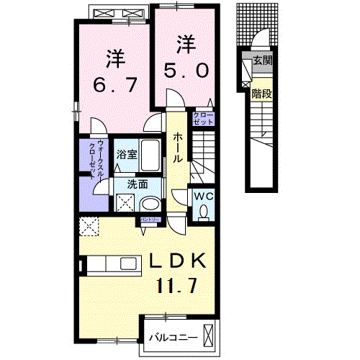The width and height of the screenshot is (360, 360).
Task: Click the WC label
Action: [x=202, y=194]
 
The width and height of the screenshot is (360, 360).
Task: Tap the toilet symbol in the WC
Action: [x=203, y=211]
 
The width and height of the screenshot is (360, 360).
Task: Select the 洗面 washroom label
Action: [x=137, y=184]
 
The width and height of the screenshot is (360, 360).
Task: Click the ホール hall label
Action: [x=176, y=147]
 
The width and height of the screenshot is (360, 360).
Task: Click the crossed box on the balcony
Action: [x=209, y=336]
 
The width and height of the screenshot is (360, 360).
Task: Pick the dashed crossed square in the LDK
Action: [x=91, y=226]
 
